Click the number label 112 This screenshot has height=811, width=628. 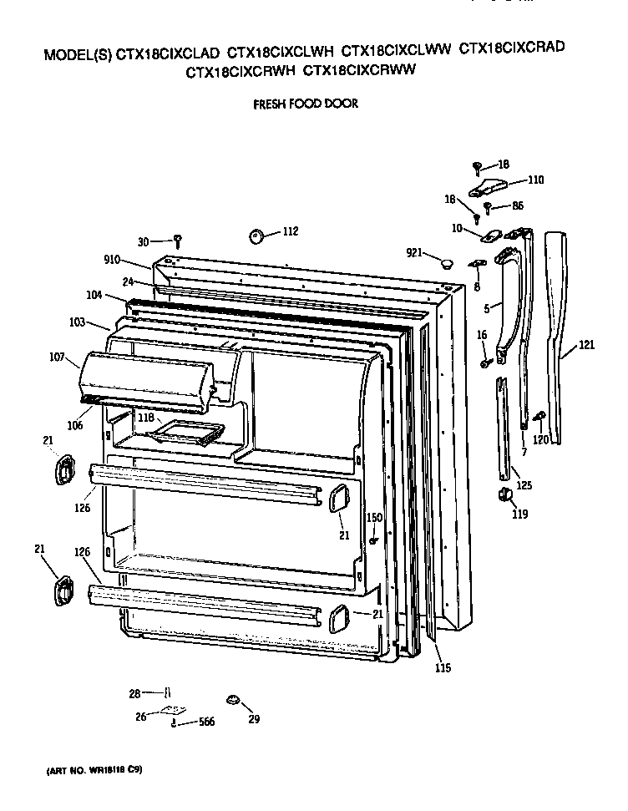coord(289,231)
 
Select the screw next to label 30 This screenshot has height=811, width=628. coord(178,241)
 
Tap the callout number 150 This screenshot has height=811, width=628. coord(374,518)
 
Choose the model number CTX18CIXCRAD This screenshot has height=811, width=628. coord(511,48)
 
